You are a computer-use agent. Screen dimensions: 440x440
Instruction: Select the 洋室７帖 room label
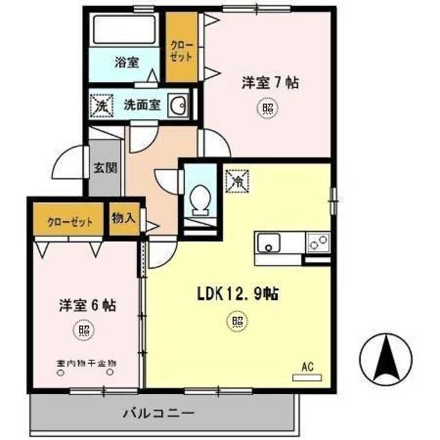click(269, 82)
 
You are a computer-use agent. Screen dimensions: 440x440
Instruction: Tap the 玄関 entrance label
click(105, 167)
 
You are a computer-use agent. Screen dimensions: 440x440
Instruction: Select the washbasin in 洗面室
click(179, 106)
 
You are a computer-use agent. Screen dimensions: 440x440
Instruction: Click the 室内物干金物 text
click(85, 364)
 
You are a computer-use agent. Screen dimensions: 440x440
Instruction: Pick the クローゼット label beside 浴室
click(182, 47)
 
